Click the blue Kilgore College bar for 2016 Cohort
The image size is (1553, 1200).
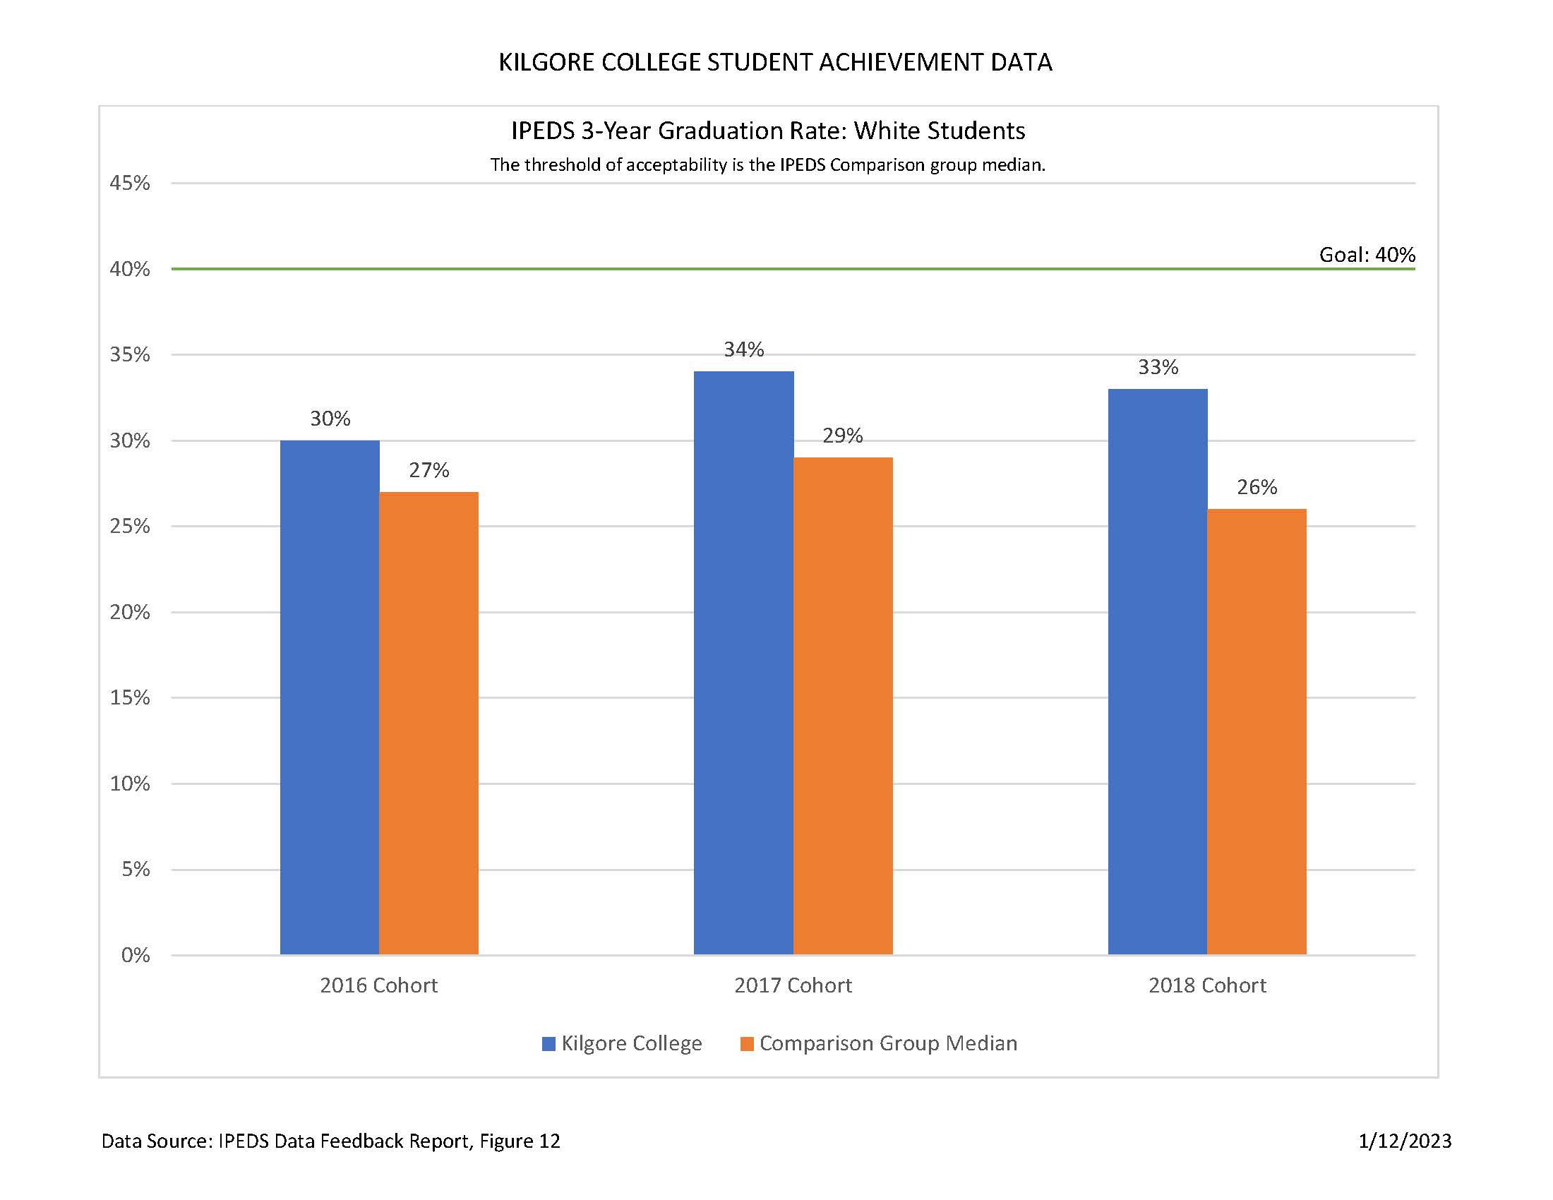click(x=329, y=697)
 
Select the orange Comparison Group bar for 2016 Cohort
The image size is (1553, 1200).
click(x=428, y=722)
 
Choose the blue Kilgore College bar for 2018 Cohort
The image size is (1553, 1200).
click(x=1158, y=671)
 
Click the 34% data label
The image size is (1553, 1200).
click(x=744, y=349)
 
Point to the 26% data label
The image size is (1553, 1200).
click(x=1257, y=487)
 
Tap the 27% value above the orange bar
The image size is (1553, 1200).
click(x=428, y=470)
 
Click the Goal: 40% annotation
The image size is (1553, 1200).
click(x=1367, y=255)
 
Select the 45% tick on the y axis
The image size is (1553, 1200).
click(x=129, y=184)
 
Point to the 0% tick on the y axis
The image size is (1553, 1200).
click(x=135, y=955)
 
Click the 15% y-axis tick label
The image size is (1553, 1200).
click(x=129, y=697)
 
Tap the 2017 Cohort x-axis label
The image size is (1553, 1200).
click(x=793, y=985)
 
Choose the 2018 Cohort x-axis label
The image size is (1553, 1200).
click(x=1207, y=985)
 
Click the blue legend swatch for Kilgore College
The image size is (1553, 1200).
click(x=548, y=1043)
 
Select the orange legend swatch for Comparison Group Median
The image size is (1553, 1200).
click(x=747, y=1043)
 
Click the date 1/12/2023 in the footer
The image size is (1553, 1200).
click(x=1404, y=1141)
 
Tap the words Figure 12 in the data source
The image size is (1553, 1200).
click(x=520, y=1141)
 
